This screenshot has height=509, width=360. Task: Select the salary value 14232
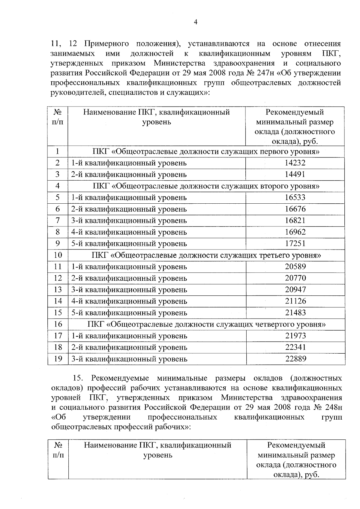[295, 163]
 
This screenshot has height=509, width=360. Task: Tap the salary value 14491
[295, 174]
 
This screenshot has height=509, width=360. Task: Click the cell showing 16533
[295, 197]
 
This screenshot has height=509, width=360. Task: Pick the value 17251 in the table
[295, 243]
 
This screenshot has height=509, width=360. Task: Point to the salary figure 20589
[295, 266]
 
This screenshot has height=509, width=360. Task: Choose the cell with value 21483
[295, 313]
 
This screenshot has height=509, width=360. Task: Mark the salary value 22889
[295, 359]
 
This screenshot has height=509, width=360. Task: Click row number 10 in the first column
[58, 255]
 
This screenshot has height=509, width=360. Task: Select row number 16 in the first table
[58, 324]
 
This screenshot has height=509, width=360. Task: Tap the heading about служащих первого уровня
[206, 151]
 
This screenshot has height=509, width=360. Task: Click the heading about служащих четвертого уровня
[206, 324]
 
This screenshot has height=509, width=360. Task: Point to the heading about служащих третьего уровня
[206, 255]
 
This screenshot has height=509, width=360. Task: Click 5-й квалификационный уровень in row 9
[129, 244]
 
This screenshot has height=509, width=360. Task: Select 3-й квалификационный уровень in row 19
[129, 359]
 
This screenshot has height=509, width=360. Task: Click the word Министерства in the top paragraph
[179, 63]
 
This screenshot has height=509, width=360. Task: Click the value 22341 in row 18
[295, 347]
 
